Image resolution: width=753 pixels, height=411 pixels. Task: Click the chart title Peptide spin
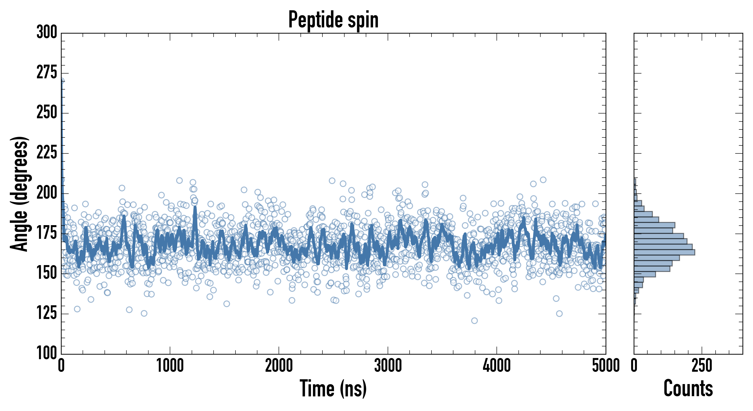[x=333, y=20]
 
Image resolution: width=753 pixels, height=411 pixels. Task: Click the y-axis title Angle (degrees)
[x=20, y=194]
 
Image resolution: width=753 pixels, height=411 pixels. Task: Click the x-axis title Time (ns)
[x=333, y=388]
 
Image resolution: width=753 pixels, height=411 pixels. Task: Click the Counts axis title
[x=688, y=388]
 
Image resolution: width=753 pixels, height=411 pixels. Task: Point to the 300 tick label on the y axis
[x=47, y=32]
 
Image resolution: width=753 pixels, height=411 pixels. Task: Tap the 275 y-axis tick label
[x=47, y=73]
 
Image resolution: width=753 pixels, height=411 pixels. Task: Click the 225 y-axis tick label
[x=47, y=153]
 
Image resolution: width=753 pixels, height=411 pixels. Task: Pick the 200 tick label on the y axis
[x=47, y=193]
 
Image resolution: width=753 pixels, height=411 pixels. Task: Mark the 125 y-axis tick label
[x=47, y=313]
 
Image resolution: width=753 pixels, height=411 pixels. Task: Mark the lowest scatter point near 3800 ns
[x=474, y=321]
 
